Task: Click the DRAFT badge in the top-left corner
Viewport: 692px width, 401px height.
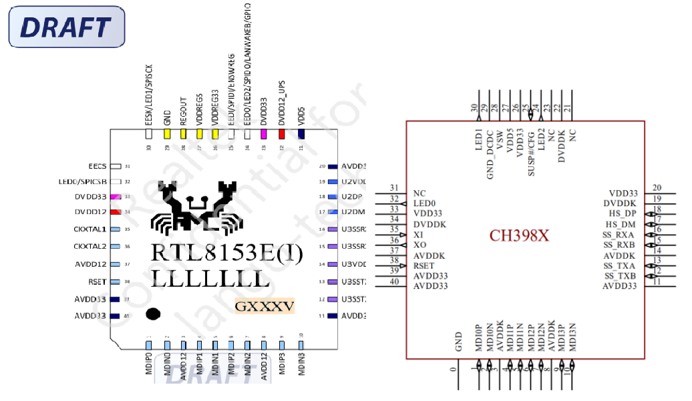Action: [x=65, y=27]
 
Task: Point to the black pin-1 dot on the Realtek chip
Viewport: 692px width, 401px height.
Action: [x=154, y=314]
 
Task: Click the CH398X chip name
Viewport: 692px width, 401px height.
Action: [x=519, y=236]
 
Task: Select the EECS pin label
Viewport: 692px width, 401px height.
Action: [x=97, y=166]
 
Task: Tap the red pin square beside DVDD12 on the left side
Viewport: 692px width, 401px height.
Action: [x=116, y=212]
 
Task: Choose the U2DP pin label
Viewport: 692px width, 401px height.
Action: [x=351, y=197]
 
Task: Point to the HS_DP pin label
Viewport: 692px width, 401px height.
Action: [x=621, y=214]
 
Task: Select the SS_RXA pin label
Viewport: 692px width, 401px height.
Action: [x=619, y=235]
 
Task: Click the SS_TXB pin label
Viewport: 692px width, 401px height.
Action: [x=619, y=276]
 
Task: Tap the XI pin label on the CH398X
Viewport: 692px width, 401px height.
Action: [x=418, y=235]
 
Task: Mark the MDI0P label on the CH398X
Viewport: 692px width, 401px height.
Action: [x=478, y=338]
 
